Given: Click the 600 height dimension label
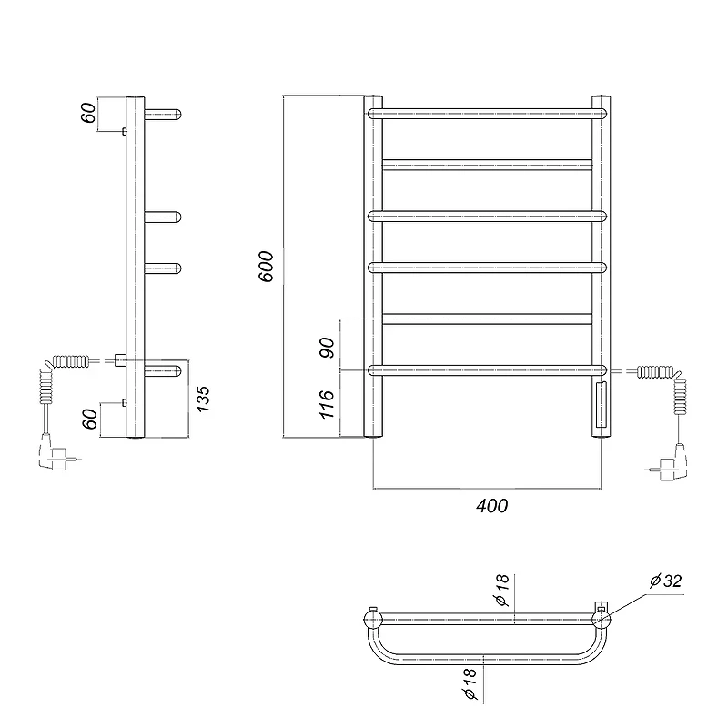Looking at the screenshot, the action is pyautogui.click(x=267, y=267).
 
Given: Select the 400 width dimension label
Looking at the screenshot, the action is pyautogui.click(x=491, y=506).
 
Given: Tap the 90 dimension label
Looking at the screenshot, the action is pyautogui.click(x=328, y=348).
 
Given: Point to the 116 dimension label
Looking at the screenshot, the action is pyautogui.click(x=328, y=404).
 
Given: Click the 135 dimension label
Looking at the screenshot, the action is pyautogui.click(x=203, y=399).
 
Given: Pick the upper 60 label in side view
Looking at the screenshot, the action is pyautogui.click(x=88, y=113).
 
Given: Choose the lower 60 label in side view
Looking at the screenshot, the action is pyautogui.click(x=90, y=419).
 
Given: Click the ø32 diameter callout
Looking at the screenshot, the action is pyautogui.click(x=666, y=581).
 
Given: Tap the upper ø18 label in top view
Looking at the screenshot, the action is pyautogui.click(x=502, y=590).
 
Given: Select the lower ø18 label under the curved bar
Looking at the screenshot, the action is pyautogui.click(x=470, y=683).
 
